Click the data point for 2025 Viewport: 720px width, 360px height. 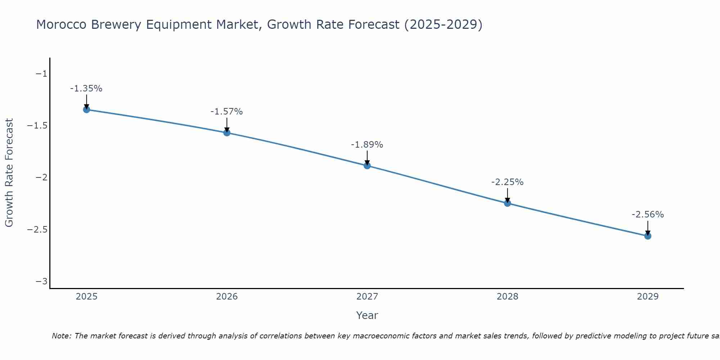[x=86, y=109]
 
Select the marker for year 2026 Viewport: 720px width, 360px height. [x=227, y=132]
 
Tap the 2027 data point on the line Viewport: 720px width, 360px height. [x=367, y=166]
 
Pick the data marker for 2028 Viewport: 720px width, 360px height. [x=507, y=203]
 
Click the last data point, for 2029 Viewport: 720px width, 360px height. [x=648, y=236]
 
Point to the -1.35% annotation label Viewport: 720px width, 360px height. [x=86, y=89]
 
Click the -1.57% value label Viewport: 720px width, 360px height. [x=226, y=112]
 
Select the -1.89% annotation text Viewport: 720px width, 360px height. [x=367, y=145]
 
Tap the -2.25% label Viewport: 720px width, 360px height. [x=507, y=182]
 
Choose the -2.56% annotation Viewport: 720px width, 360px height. [x=648, y=215]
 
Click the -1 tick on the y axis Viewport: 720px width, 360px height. [x=41, y=74]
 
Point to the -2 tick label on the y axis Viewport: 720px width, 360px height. [x=41, y=177]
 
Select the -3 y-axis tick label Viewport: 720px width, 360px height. [x=41, y=281]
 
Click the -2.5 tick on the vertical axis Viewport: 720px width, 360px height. [x=37, y=229]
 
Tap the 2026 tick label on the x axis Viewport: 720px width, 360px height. [x=227, y=297]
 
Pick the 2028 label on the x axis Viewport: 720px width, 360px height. [x=507, y=297]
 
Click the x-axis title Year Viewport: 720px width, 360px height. [x=367, y=315]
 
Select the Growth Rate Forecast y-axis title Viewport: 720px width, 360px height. [x=9, y=173]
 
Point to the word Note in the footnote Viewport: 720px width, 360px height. [x=61, y=336]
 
